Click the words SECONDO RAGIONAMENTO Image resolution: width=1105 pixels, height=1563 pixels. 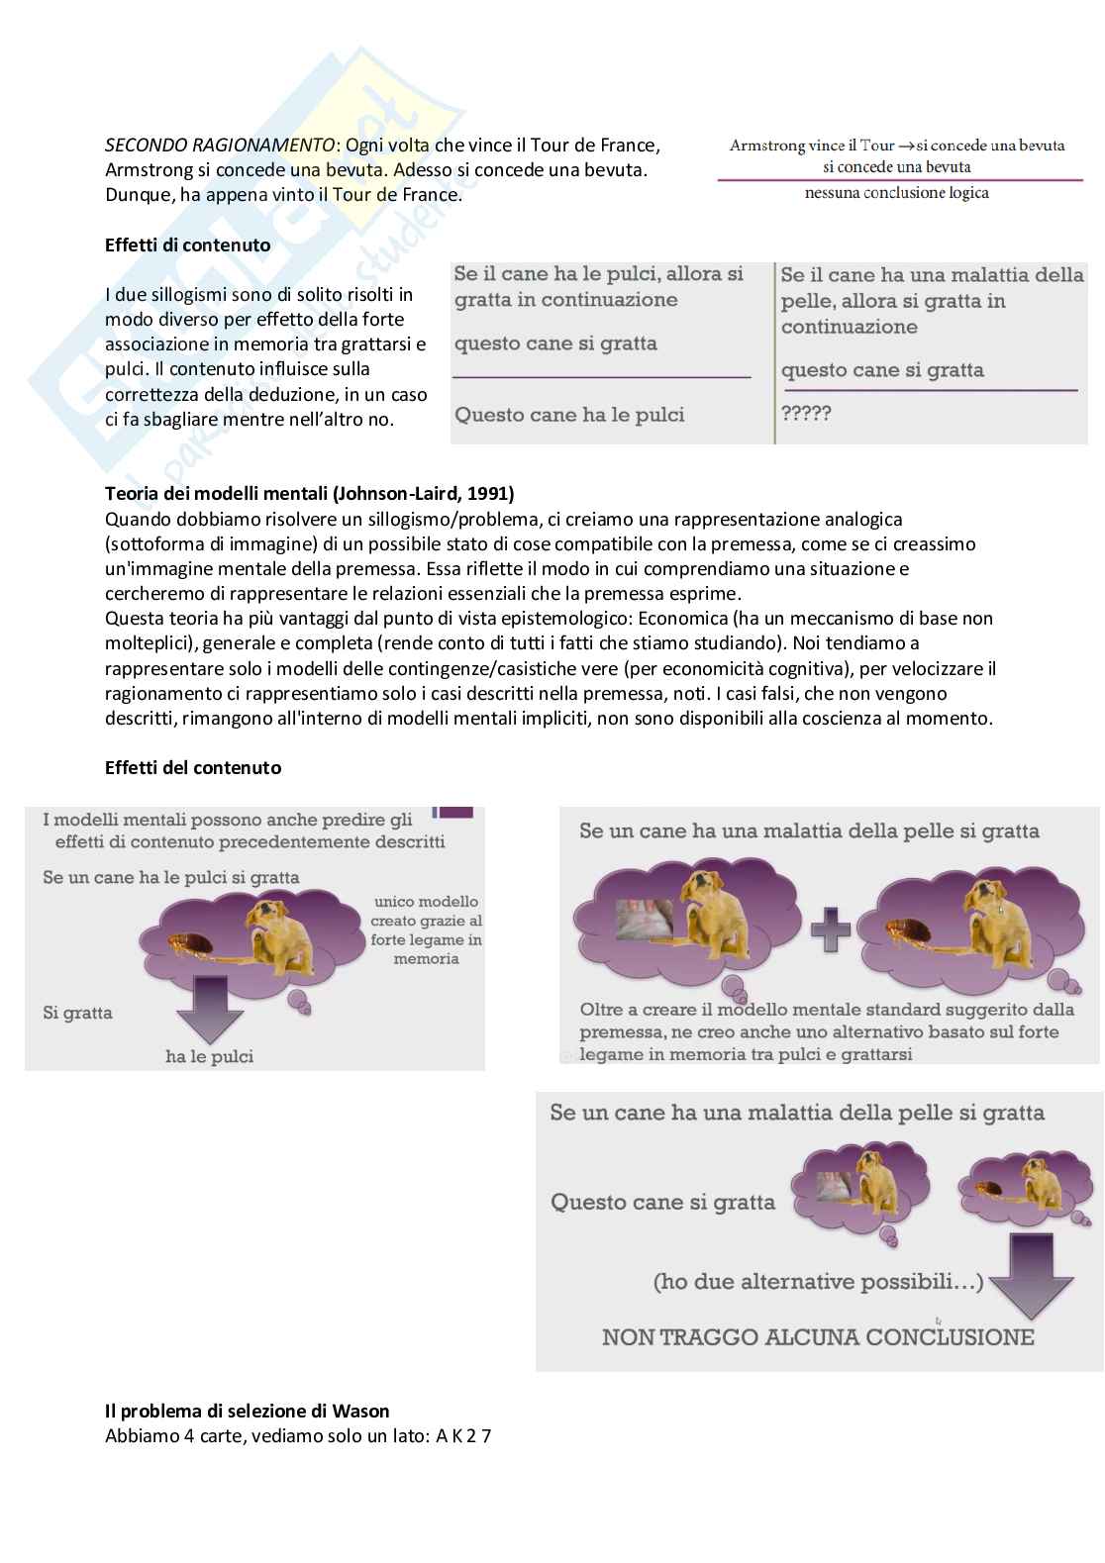tap(220, 146)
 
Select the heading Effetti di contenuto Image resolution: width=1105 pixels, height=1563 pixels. tap(187, 245)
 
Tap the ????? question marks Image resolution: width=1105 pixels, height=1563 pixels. tap(806, 414)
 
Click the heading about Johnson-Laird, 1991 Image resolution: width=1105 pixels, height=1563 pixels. tap(309, 494)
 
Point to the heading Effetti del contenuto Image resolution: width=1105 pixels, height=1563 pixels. tap(193, 768)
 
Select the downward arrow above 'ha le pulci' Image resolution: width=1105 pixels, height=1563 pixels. tap(209, 1008)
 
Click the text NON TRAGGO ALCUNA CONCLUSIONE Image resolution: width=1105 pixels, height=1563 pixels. tap(818, 1337)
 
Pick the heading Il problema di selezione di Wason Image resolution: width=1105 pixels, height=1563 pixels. tap(247, 1412)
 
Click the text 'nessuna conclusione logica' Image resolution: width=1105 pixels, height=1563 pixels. tap(896, 193)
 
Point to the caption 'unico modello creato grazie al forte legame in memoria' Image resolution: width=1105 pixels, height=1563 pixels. tap(426, 930)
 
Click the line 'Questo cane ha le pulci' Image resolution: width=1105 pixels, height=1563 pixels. tap(569, 415)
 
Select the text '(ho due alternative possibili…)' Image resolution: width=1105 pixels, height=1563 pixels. tap(818, 1282)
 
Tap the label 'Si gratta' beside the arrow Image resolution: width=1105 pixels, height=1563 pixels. tap(77, 1013)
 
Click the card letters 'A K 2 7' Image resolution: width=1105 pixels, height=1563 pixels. tap(463, 1436)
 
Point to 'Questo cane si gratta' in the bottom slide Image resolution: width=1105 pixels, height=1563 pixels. tap(662, 1203)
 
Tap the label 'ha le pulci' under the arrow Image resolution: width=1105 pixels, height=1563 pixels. tap(209, 1056)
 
